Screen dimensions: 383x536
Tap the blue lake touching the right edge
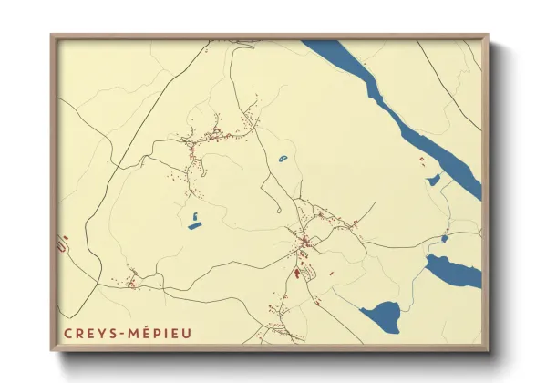click(453, 271)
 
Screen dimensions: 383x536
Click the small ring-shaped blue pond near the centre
click(283, 160)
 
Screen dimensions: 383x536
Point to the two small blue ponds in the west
click(194, 220)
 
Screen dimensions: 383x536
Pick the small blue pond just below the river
click(434, 181)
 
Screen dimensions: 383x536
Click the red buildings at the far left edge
click(63, 243)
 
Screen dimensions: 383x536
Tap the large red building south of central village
click(297, 271)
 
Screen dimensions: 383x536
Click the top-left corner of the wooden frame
click(52, 36)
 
